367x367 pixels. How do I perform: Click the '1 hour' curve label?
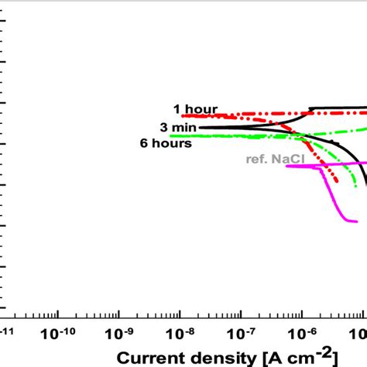(195, 109)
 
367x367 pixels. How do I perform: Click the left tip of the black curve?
(200, 127)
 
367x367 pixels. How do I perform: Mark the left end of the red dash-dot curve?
(183, 115)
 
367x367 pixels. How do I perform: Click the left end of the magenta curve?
(287, 165)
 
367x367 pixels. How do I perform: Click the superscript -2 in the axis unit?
(330, 350)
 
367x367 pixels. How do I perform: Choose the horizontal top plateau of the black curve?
(341, 108)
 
